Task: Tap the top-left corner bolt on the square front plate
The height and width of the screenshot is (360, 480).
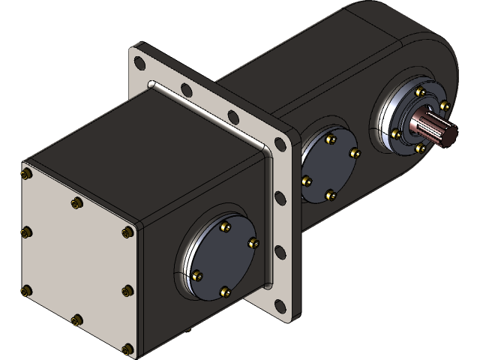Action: click(28, 174)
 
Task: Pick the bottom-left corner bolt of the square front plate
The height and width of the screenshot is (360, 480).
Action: click(28, 290)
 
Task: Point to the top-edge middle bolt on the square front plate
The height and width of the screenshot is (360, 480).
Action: click(76, 202)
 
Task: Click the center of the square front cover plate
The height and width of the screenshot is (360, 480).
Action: click(77, 260)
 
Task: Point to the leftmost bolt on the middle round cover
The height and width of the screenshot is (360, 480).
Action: click(307, 180)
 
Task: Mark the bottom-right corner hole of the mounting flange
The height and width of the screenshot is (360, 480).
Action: click(281, 306)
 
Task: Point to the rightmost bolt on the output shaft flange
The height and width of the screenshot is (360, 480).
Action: click(445, 106)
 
